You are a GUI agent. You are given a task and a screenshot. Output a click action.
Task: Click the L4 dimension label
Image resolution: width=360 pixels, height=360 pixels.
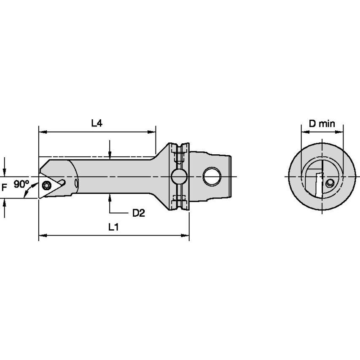pos(97,123)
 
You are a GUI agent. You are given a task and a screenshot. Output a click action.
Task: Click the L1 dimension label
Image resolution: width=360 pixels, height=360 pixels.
pos(113,228)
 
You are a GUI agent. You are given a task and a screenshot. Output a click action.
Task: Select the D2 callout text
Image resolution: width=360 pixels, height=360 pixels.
pos(138,213)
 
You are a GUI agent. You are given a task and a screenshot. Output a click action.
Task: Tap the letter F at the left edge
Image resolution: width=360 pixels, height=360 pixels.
pos(4,186)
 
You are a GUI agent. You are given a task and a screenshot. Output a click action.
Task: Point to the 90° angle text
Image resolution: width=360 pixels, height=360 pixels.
pos(21,184)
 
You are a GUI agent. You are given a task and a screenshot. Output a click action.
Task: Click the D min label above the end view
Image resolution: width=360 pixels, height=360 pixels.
pos(321,124)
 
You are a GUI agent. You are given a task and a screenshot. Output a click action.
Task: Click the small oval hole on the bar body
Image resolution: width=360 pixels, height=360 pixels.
pos(77,183)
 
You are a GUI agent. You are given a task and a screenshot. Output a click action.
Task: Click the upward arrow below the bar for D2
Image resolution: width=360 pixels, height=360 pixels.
pos(110,196)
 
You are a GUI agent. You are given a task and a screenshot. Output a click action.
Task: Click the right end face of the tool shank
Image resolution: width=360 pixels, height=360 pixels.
pos(231,176)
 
